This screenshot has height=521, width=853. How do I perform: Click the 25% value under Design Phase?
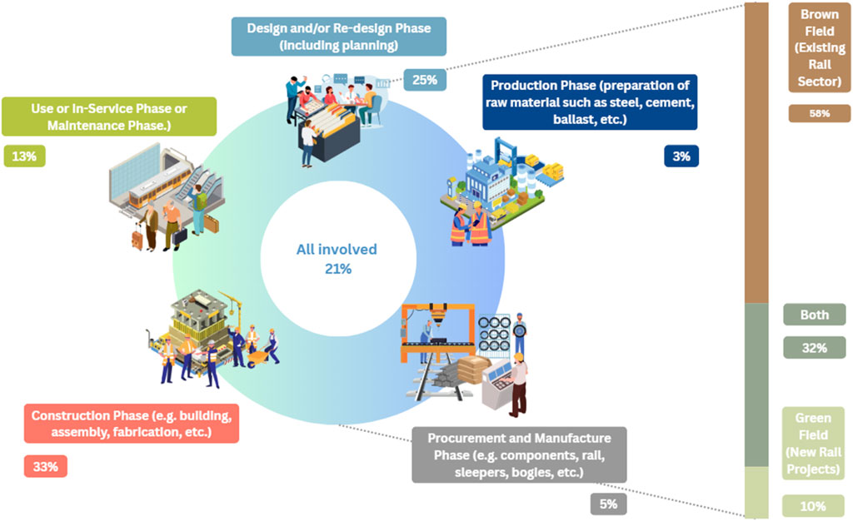(425, 80)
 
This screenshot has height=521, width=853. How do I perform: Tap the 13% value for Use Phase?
(24, 156)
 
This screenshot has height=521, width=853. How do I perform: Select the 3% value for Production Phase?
(681, 156)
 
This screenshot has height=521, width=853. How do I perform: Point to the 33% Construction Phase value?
(46, 466)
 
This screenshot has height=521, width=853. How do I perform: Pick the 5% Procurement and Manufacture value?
(608, 503)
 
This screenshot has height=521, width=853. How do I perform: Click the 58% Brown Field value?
(820, 113)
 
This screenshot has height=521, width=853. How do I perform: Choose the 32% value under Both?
(815, 348)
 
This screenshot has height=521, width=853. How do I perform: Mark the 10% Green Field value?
(815, 505)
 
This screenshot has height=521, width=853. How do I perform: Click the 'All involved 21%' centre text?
(337, 259)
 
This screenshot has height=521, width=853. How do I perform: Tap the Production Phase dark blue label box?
(590, 102)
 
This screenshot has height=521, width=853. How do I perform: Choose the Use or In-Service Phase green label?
(109, 117)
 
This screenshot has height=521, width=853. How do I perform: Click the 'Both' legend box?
(815, 315)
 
